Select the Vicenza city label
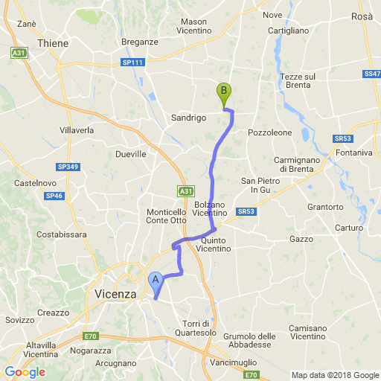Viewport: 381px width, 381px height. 115,295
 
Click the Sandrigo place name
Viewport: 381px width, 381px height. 188,118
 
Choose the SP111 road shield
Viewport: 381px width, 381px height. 133,63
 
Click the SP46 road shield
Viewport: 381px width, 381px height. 54,196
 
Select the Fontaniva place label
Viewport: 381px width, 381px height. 353,153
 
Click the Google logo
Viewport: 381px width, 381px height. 25,371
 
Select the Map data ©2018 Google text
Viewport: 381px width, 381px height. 334,374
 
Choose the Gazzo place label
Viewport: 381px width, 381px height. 301,239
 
